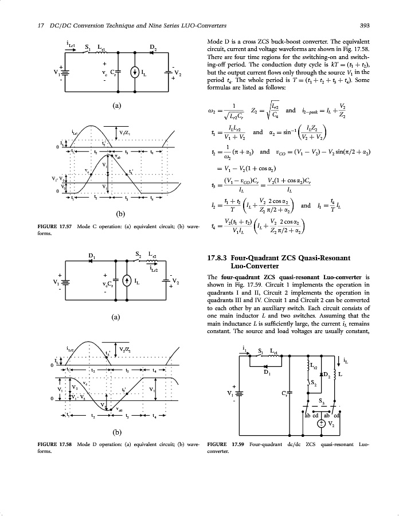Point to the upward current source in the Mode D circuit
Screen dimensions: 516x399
[x=125, y=281]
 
